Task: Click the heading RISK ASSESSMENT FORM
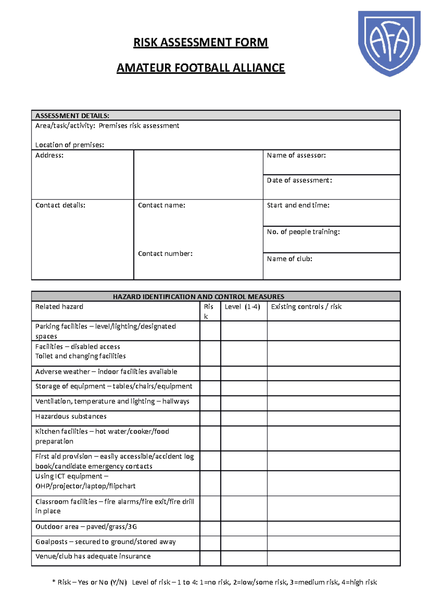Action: pyautogui.click(x=201, y=42)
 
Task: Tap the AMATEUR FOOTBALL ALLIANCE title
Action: pyautogui.click(x=201, y=68)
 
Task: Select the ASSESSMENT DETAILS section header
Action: pyautogui.click(x=72, y=116)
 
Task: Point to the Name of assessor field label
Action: pyautogui.click(x=296, y=155)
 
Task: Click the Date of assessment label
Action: pyautogui.click(x=299, y=180)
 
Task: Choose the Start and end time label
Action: pyautogui.click(x=298, y=205)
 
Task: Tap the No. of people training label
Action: pyautogui.click(x=303, y=232)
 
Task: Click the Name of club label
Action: pyautogui.click(x=290, y=259)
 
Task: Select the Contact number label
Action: pyautogui.click(x=165, y=254)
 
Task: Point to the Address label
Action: pyautogui.click(x=49, y=155)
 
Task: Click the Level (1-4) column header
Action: pyautogui.click(x=242, y=307)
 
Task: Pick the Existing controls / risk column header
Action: pyautogui.click(x=306, y=307)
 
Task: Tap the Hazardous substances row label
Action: pyautogui.click(x=71, y=416)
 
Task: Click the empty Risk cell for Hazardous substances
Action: pyautogui.click(x=210, y=418)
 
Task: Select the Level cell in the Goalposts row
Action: pyautogui.click(x=244, y=543)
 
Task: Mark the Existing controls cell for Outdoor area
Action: pyautogui.click(x=333, y=528)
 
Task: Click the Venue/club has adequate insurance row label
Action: pyautogui.click(x=93, y=556)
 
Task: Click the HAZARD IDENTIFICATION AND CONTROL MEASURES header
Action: pyautogui.click(x=199, y=296)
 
